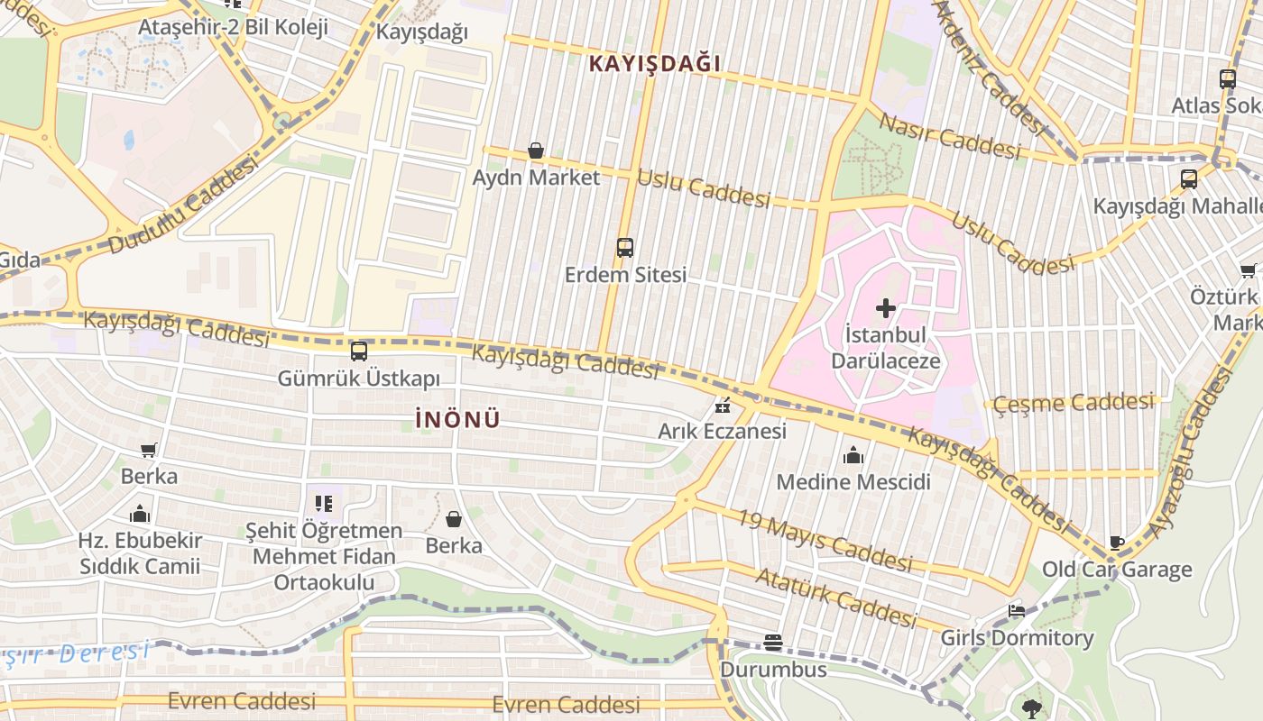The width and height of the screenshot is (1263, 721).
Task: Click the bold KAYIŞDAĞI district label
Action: (x=655, y=64)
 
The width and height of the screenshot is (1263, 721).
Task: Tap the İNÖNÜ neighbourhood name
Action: (x=457, y=420)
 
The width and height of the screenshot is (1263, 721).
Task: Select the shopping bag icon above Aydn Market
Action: (x=536, y=151)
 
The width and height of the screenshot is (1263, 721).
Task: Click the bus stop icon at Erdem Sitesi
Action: (x=624, y=248)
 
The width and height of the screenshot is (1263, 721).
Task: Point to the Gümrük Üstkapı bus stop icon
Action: (x=358, y=351)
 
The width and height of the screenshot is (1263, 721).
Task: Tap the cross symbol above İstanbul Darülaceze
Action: (x=886, y=308)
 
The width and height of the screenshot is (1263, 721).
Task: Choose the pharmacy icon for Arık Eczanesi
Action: (x=722, y=406)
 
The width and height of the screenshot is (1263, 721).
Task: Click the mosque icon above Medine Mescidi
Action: (x=853, y=456)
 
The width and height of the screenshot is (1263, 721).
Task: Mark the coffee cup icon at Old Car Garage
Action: (x=1117, y=543)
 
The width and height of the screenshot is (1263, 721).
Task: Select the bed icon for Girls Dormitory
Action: (x=1017, y=612)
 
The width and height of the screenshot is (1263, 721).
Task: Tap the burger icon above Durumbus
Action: (x=773, y=643)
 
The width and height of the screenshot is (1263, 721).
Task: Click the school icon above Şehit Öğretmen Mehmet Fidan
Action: (x=324, y=504)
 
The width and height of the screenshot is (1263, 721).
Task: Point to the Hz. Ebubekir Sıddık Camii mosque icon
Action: (x=140, y=515)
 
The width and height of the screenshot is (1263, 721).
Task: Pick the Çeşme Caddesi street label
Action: (x=1074, y=403)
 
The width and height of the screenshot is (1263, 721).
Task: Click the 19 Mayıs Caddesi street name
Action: (x=825, y=540)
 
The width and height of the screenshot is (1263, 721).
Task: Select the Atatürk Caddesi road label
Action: (x=836, y=598)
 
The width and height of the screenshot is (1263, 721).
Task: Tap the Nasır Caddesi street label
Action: (x=949, y=137)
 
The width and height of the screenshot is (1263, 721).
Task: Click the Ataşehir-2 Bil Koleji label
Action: (x=233, y=27)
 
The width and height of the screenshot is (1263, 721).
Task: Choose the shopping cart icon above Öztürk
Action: (x=1248, y=270)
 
